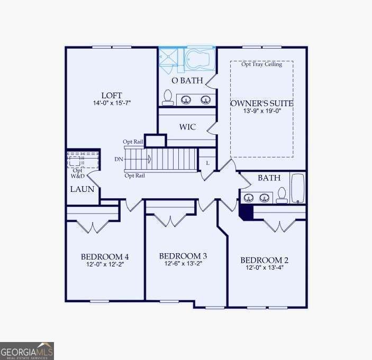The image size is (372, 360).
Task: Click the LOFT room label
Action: click(x=112, y=96)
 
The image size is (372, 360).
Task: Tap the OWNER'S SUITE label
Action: click(x=261, y=103)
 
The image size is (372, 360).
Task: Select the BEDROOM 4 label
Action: click(x=105, y=257)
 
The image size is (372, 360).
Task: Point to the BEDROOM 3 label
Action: click(x=180, y=256)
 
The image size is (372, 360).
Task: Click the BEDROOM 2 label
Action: click(x=264, y=260)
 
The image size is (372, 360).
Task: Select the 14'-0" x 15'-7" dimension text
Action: click(x=112, y=104)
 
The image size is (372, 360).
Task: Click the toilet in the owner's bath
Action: click(x=168, y=97)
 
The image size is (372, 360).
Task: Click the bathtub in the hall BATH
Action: click(x=298, y=188)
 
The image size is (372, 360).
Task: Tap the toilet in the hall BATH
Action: click(x=282, y=195)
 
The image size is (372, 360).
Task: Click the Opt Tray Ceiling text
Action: click(x=261, y=64)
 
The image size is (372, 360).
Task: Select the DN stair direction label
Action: click(x=119, y=159)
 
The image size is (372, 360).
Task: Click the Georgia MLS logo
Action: click(x=27, y=351)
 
